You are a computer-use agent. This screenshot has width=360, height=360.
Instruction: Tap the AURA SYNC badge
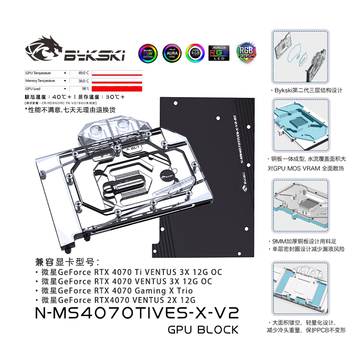[171, 53]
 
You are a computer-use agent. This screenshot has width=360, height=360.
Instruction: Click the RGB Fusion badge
[245, 53]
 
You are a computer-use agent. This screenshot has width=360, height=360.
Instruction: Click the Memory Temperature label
[40, 81]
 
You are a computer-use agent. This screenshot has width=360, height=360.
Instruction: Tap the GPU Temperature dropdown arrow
[65, 72]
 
